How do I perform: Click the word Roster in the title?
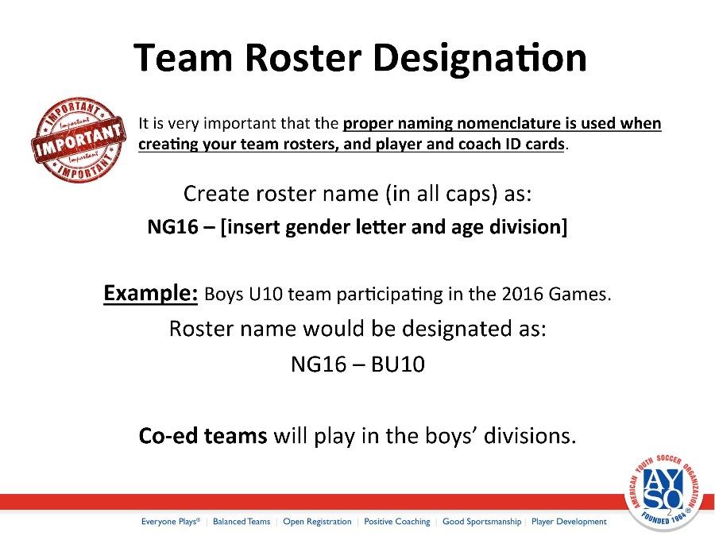tap(303, 58)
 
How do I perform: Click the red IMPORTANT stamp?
tap(79, 140)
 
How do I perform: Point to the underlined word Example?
tap(150, 293)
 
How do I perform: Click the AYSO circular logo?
tap(663, 492)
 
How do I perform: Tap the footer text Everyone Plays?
tap(170, 522)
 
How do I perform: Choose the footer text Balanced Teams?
tap(242, 522)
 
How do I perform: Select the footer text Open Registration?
tap(317, 522)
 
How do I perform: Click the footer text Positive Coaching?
tap(396, 522)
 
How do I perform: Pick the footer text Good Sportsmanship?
tap(481, 522)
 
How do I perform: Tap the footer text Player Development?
tap(569, 522)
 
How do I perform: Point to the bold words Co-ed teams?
tap(203, 435)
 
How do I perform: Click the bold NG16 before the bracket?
tap(173, 226)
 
